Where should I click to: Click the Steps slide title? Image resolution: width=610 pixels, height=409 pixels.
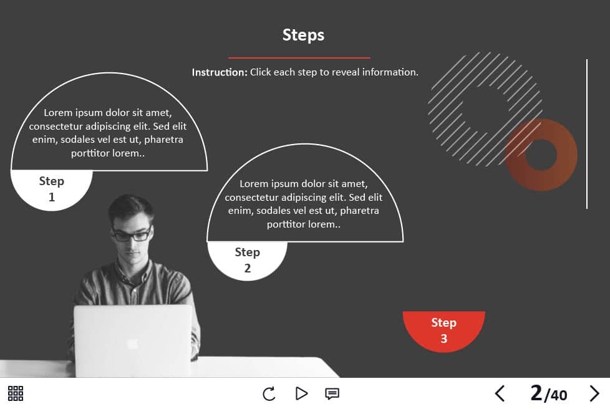(303, 35)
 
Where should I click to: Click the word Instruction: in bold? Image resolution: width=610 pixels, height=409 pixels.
(220, 72)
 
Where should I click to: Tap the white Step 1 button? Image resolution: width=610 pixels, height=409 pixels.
(51, 190)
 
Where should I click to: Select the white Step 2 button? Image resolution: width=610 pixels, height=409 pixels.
(247, 261)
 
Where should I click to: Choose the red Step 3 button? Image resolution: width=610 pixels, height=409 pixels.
(444, 331)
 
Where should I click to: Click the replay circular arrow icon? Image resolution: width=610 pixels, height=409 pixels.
(269, 393)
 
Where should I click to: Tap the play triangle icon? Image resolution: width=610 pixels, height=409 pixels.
(301, 393)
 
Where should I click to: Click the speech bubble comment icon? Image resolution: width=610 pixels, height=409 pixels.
(332, 394)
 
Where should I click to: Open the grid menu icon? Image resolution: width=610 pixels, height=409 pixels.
(16, 393)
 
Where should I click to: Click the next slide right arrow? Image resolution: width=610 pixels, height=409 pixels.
(594, 393)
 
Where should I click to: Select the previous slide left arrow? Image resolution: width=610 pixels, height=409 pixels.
(500, 393)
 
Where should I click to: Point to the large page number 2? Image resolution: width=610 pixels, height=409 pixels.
(536, 393)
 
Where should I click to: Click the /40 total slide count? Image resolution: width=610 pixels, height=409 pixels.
(556, 395)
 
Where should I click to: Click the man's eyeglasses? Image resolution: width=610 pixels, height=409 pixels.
(132, 234)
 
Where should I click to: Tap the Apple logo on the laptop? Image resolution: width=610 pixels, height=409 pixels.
(133, 344)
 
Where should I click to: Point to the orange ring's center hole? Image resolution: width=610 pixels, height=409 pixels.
(541, 155)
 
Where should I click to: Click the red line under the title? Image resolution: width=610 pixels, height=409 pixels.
(299, 58)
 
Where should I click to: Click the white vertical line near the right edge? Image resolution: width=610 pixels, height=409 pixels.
(587, 134)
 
